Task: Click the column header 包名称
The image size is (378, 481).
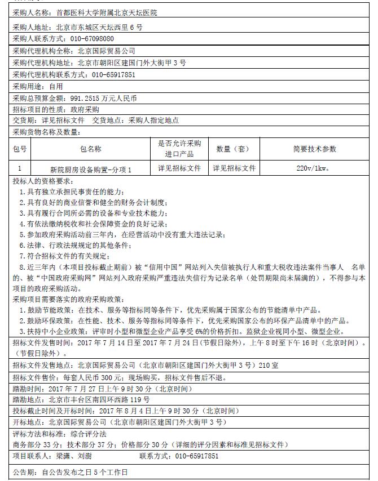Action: click(91, 149)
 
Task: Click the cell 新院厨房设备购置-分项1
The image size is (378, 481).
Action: click(91, 169)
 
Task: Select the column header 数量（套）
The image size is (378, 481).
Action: click(232, 149)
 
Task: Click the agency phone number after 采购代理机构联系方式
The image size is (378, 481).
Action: click(113, 74)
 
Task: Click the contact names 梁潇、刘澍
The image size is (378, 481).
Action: click(74, 456)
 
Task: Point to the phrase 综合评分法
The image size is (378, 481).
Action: click(87, 434)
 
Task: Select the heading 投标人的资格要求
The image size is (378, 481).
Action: click(43, 181)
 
